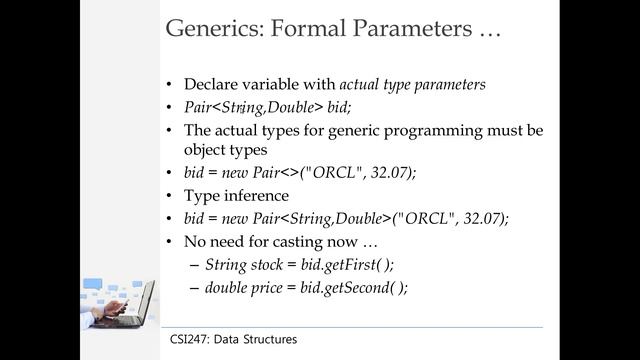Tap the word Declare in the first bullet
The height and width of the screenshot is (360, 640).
point(213,85)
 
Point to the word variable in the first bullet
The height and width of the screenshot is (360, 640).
point(277,85)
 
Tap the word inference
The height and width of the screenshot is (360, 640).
point(261,195)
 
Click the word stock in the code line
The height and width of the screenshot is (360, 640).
point(274,264)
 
